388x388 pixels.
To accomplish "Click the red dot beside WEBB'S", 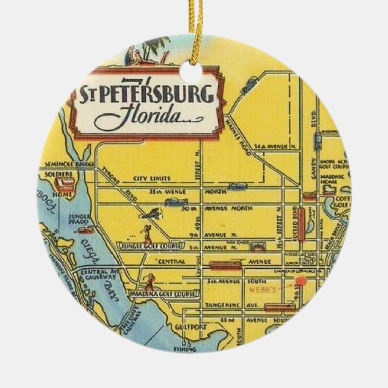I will [301, 281].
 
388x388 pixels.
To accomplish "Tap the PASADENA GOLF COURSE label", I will [154, 294].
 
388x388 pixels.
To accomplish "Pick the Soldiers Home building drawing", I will [66, 183].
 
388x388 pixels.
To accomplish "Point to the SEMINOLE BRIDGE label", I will [66, 165].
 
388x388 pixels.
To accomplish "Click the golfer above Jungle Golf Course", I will [145, 232].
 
